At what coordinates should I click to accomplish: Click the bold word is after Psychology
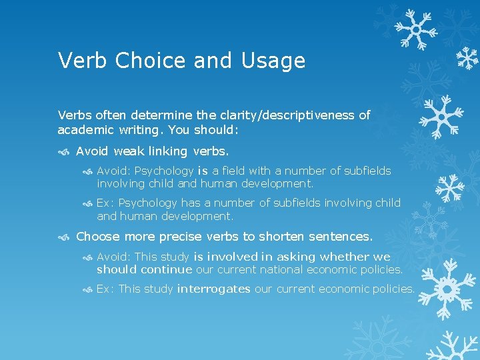pos(203,171)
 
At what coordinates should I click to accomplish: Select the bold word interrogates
pos(213,289)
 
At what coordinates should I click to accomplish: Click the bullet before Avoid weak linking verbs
pos(63,151)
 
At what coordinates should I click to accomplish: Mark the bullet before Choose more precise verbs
pos(63,237)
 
